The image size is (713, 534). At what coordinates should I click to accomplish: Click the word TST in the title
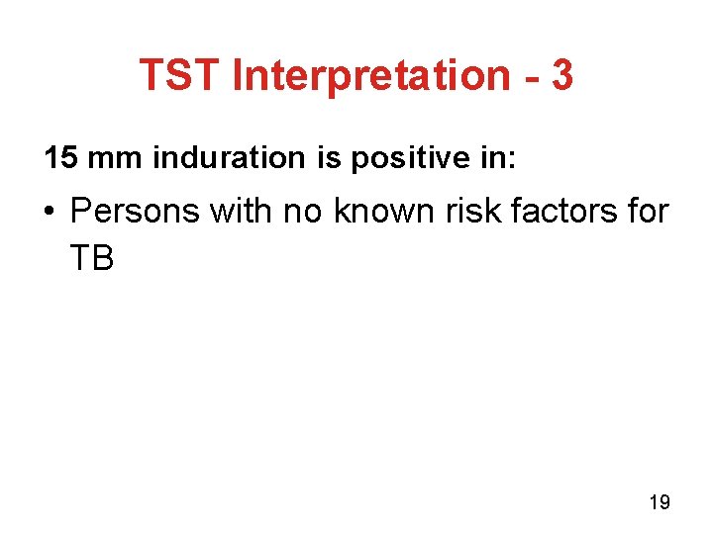coord(179,74)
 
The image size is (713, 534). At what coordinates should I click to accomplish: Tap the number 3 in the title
coord(560,74)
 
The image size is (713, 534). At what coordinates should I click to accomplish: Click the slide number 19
coord(659,502)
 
